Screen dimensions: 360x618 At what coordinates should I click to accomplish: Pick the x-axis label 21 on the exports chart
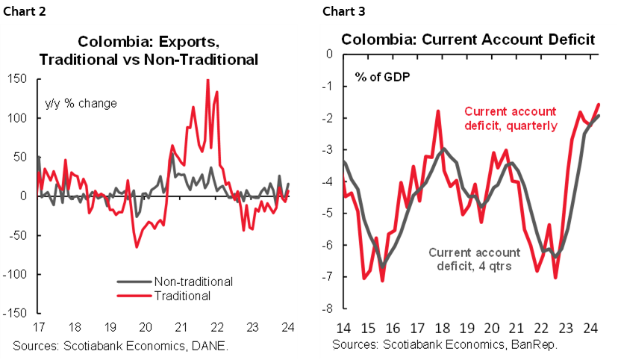[x=181, y=326]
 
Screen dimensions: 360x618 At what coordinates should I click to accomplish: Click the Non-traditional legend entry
[x=193, y=282]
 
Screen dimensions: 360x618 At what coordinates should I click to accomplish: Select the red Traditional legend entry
[x=181, y=296]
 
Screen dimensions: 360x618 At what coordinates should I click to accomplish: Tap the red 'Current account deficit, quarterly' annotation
[x=511, y=118]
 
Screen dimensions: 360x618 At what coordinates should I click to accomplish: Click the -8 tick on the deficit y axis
[x=326, y=309]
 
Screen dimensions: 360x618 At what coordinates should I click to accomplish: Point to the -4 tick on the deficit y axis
[x=326, y=181]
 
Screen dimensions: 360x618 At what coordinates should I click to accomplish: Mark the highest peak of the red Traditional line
[x=207, y=80]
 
